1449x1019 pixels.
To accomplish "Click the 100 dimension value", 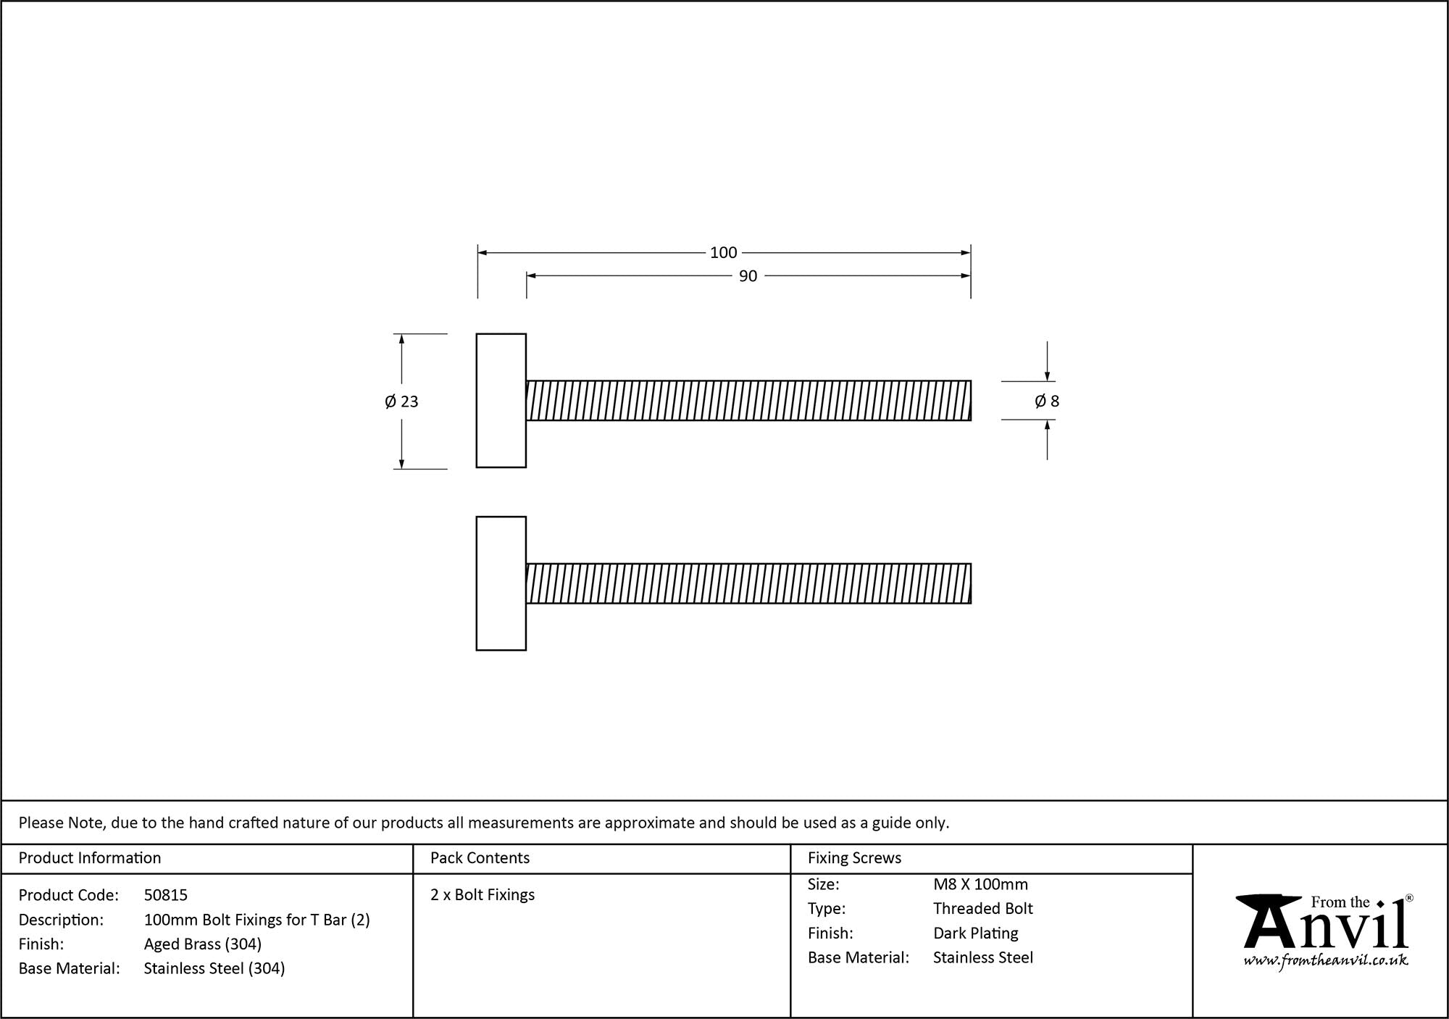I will click(723, 253).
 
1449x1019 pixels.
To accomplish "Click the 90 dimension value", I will click(748, 276).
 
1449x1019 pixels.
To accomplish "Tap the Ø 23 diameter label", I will click(401, 402).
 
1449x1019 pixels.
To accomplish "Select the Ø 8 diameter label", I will click(1046, 402).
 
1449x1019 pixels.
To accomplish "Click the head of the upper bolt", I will click(501, 401).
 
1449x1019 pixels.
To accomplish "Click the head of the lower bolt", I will click(501, 583).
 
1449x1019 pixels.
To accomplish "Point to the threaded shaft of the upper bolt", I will click(748, 401).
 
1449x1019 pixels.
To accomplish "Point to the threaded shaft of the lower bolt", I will click(748, 583).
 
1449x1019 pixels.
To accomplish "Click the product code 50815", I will click(165, 895).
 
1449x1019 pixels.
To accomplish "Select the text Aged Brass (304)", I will click(202, 944).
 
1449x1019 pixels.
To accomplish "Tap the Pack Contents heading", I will click(480, 858).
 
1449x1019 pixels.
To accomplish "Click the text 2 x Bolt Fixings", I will click(483, 895).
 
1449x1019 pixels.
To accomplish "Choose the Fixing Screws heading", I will click(854, 858).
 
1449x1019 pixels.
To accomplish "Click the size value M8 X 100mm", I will click(980, 884).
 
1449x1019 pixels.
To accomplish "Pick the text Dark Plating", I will click(975, 933).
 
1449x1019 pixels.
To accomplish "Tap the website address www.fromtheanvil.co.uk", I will click(1326, 961).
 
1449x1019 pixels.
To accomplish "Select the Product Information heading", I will click(90, 858).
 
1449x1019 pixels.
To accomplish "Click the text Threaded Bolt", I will click(982, 909).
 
